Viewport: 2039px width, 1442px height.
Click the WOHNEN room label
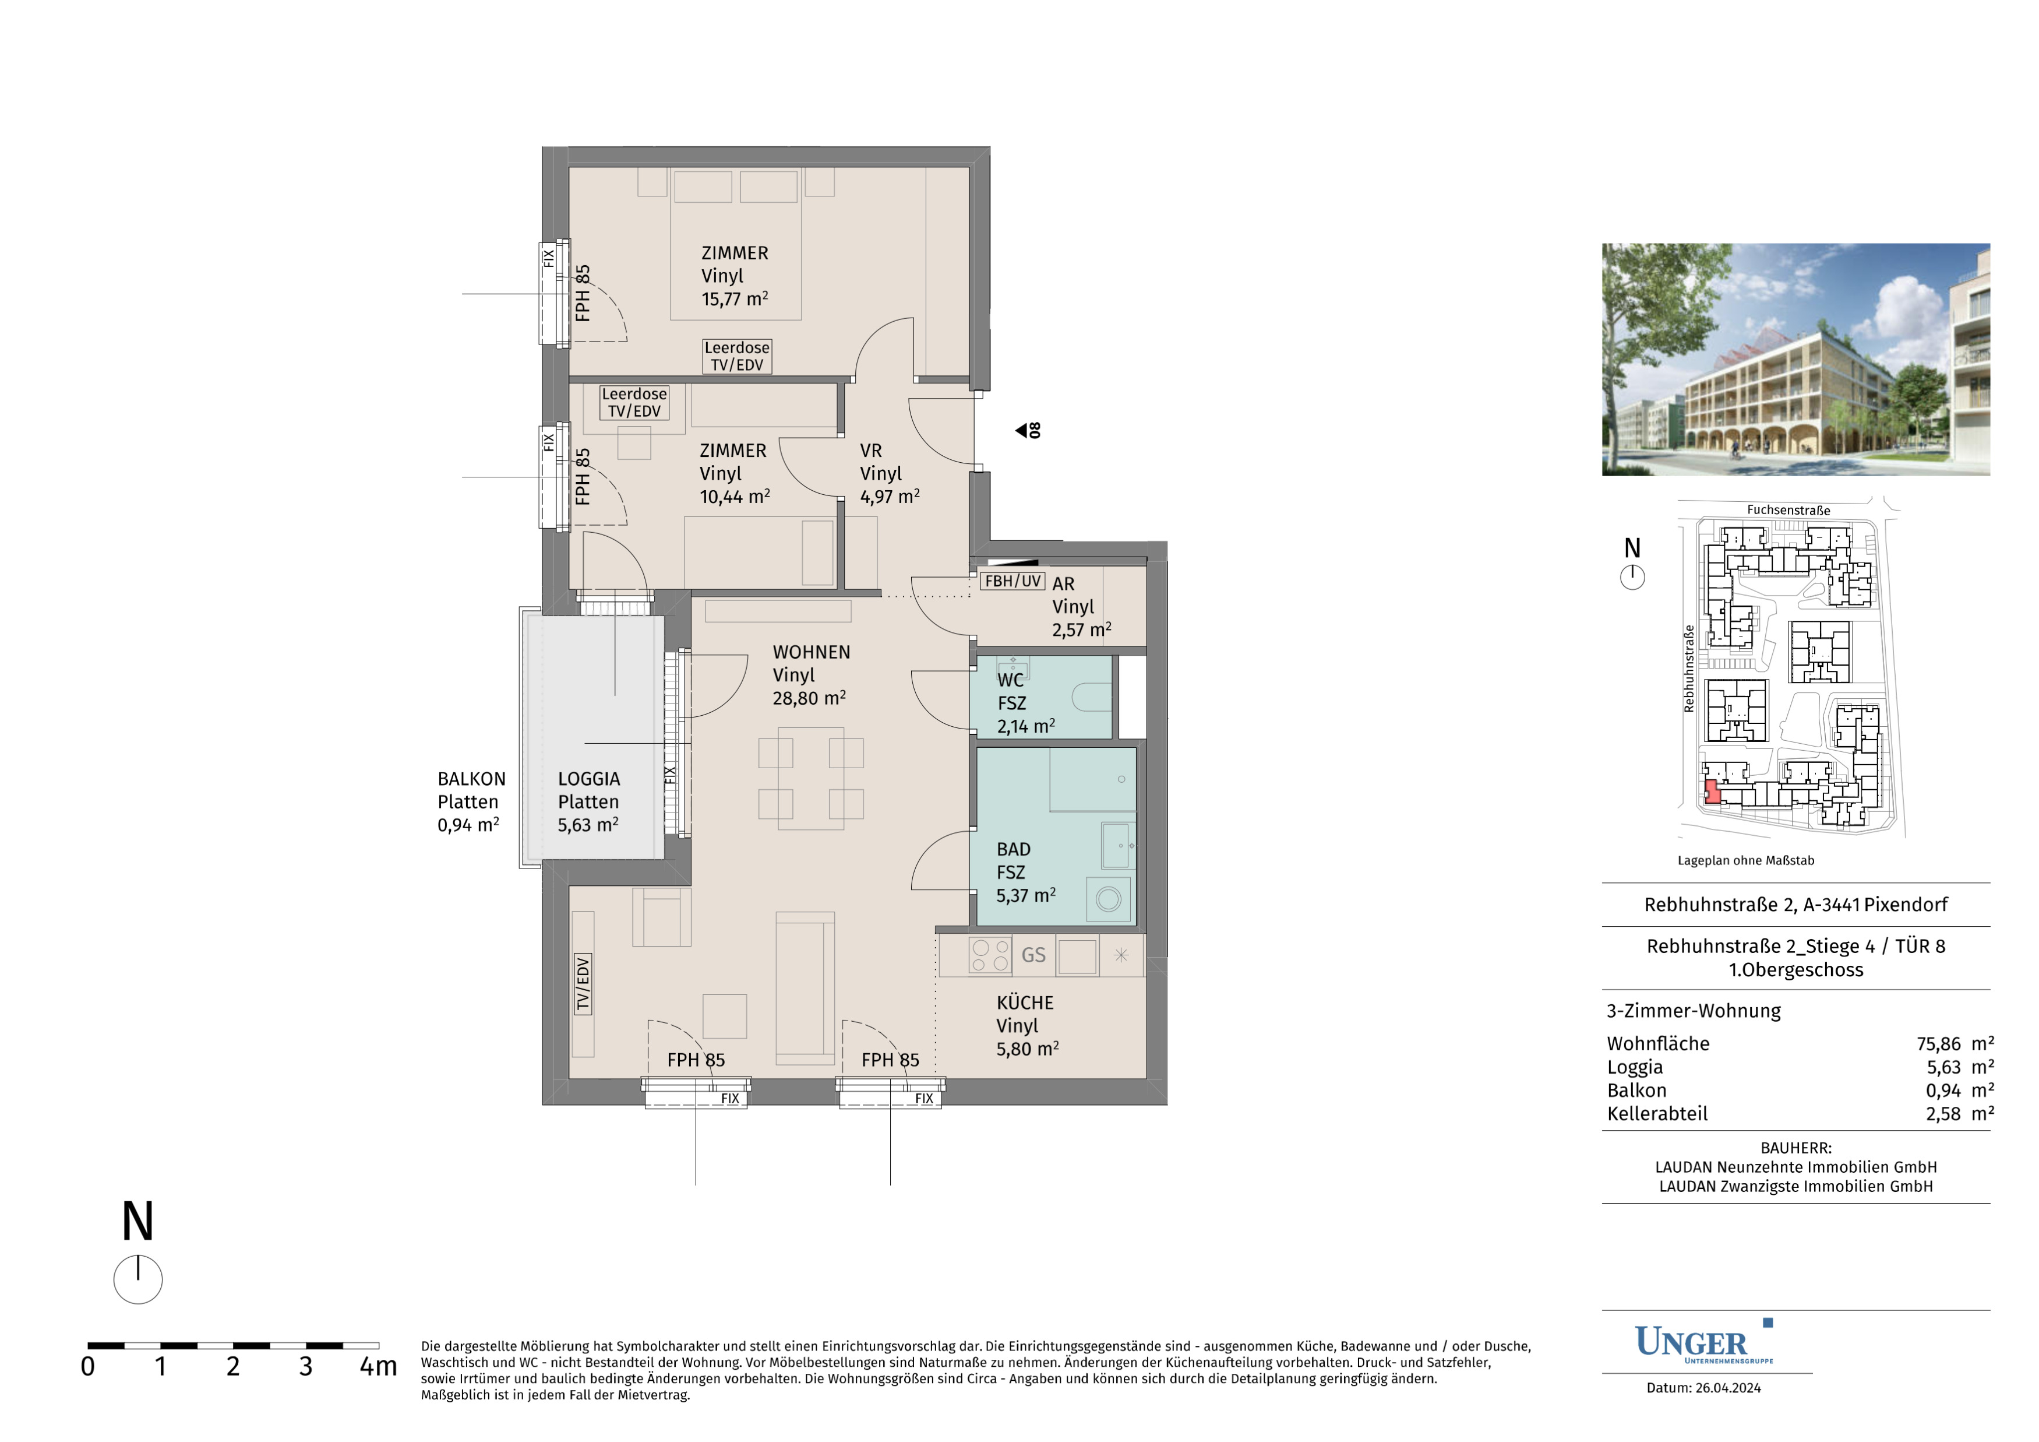tap(811, 652)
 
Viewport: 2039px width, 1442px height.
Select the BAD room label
tap(1013, 849)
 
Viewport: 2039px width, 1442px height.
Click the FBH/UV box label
tap(1013, 581)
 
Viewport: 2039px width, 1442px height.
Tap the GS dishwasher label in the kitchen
tap(1033, 955)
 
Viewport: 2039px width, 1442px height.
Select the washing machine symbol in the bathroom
tap(1108, 899)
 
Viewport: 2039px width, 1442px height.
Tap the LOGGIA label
tap(589, 779)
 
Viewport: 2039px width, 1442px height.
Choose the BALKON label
tap(471, 779)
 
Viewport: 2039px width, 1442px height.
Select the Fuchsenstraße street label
tap(1788, 510)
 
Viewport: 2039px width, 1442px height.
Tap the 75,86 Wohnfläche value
tap(1939, 1044)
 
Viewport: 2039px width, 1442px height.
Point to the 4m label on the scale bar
tap(378, 1366)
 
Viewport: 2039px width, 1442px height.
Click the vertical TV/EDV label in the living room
tap(583, 984)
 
